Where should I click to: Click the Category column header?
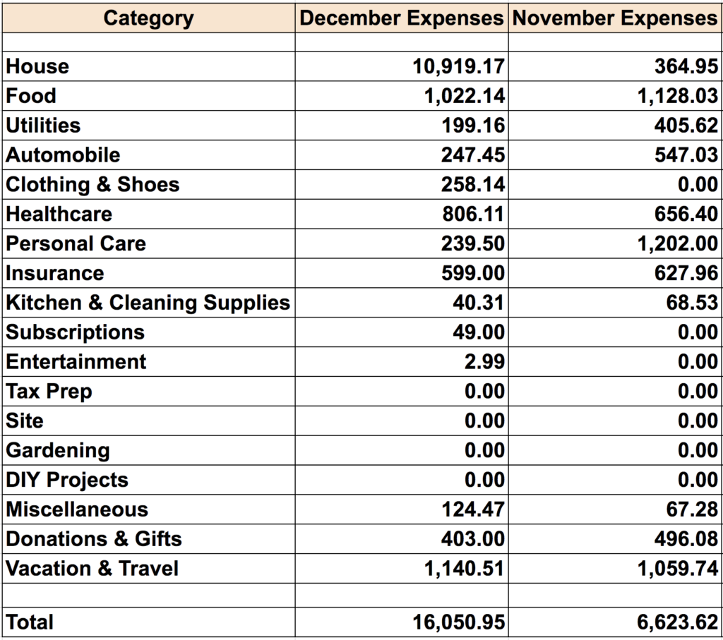click(148, 18)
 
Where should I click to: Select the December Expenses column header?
click(402, 18)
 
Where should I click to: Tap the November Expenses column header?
click(615, 18)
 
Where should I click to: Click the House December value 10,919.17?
click(458, 67)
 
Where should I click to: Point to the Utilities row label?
click(44, 126)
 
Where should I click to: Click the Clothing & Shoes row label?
click(92, 186)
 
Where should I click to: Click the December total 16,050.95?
click(458, 623)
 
